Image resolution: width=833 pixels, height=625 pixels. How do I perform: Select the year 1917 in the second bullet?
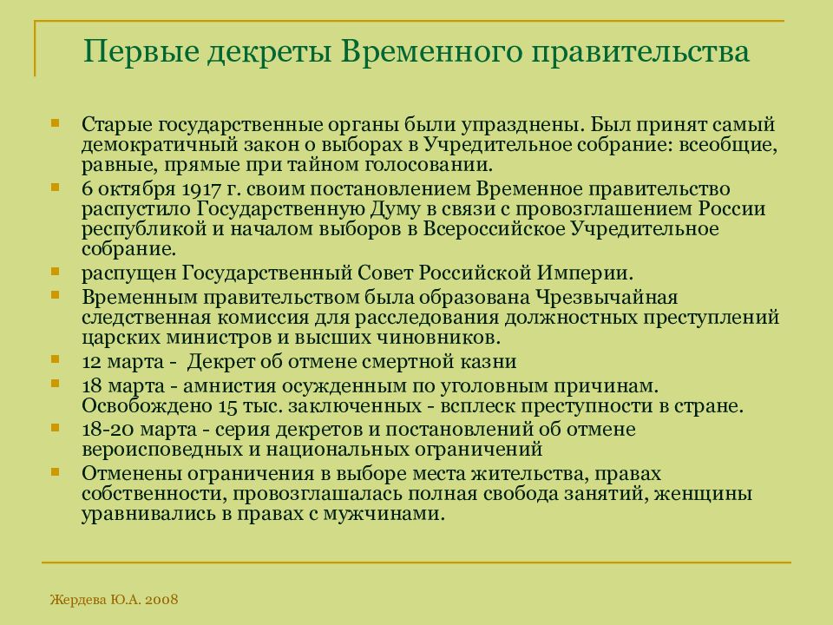coord(205,188)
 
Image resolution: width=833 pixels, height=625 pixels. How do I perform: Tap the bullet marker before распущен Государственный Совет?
coord(56,272)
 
